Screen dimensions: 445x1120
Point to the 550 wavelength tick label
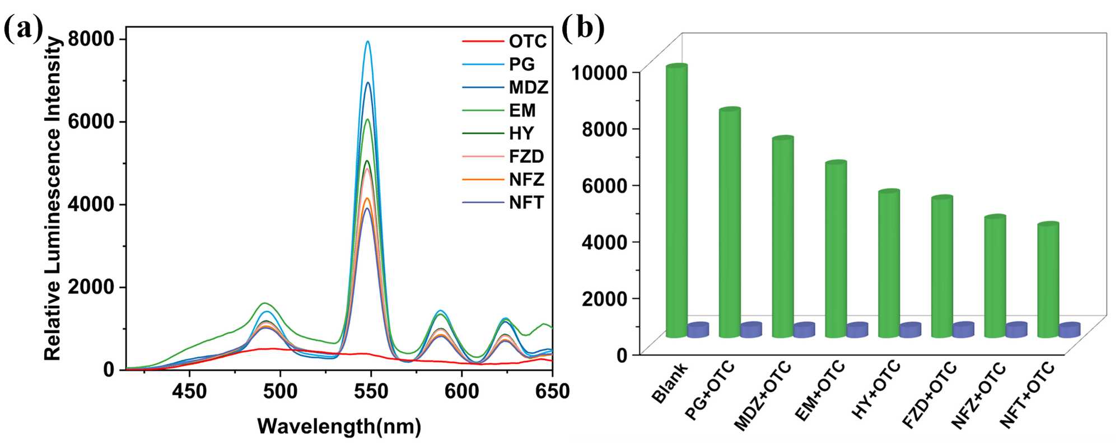point(371,391)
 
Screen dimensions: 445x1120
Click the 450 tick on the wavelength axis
point(189,391)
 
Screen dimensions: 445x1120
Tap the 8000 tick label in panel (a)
point(91,39)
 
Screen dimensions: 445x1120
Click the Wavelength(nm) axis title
point(339,427)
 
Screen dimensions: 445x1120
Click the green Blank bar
point(676,202)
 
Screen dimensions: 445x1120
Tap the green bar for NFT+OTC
point(1048,280)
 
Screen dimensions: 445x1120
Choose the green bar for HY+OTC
point(889,264)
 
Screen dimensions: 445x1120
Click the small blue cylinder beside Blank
point(698,330)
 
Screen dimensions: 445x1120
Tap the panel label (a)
point(22,29)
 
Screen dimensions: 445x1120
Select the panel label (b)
point(582,28)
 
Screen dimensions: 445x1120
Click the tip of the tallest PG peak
point(368,41)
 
